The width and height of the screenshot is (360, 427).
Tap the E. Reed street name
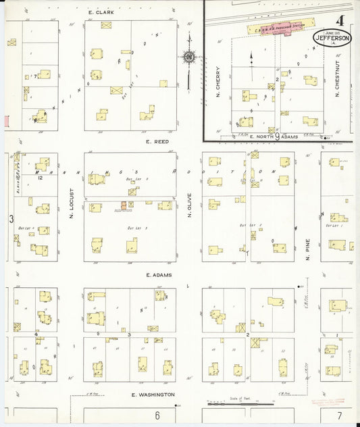pyautogui.click(x=157, y=142)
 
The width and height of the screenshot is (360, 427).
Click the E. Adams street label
pyautogui.click(x=157, y=276)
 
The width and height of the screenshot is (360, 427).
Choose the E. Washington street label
pyautogui.click(x=153, y=394)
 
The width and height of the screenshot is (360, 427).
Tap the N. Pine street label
pyautogui.click(x=307, y=249)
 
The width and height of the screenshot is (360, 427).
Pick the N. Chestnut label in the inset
pyautogui.click(x=337, y=79)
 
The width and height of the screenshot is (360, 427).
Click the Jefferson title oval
pyautogui.click(x=332, y=38)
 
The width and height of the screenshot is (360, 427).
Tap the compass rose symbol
pyautogui.click(x=189, y=57)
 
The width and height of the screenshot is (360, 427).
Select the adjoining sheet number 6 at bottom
pyautogui.click(x=157, y=415)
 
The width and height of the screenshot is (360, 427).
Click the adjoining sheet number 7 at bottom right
pyautogui.click(x=340, y=414)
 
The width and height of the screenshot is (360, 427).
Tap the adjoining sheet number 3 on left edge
pyautogui.click(x=11, y=219)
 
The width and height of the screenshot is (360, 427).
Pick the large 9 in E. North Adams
pyautogui.click(x=277, y=136)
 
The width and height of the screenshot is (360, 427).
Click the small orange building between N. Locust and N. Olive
pyautogui.click(x=124, y=205)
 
